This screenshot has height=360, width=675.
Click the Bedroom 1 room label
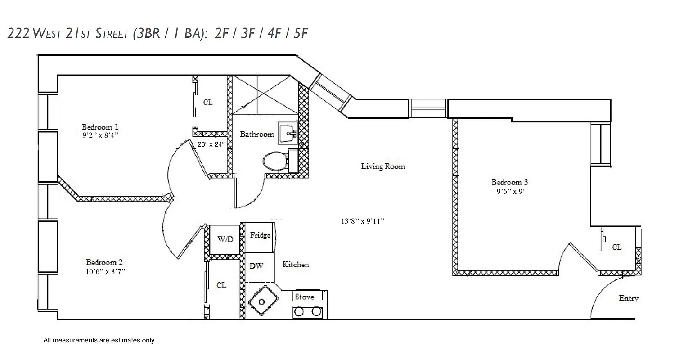pos(99,126)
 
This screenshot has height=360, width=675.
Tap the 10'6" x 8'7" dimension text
pos(105,271)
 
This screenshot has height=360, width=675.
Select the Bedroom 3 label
pos(509,182)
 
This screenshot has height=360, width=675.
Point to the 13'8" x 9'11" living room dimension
pos(363,221)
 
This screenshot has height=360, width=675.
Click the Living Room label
pos(383,166)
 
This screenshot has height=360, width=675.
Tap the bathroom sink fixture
pos(287,133)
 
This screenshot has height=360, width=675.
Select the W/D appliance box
pos(225,239)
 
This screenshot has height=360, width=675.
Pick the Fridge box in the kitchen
pos(260,236)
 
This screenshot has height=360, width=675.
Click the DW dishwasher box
pos(256,266)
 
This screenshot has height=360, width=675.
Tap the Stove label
pos(305,297)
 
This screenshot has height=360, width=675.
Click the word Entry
pos(629,298)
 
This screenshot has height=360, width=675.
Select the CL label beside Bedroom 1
pos(207,103)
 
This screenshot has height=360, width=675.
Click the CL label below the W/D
pos(221,285)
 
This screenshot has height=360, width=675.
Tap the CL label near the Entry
pos(617,247)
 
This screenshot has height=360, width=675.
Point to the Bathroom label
pos(256,134)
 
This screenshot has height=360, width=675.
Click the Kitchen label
pos(296,265)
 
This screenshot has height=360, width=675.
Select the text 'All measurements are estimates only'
pos(99,341)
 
